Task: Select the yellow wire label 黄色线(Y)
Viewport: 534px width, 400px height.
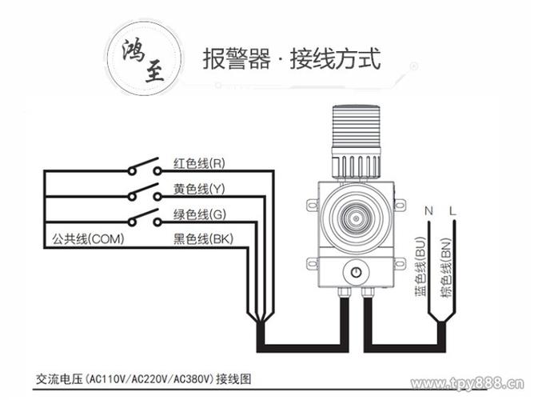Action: [x=199, y=189]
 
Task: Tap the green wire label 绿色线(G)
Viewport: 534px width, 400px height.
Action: [x=199, y=214]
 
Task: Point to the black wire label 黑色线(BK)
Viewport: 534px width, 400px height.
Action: [x=202, y=239]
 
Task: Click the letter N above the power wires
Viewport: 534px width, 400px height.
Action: [x=428, y=210]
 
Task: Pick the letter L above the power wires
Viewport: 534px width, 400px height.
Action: [x=453, y=210]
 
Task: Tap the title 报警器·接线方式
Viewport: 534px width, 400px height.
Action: [x=291, y=58]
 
